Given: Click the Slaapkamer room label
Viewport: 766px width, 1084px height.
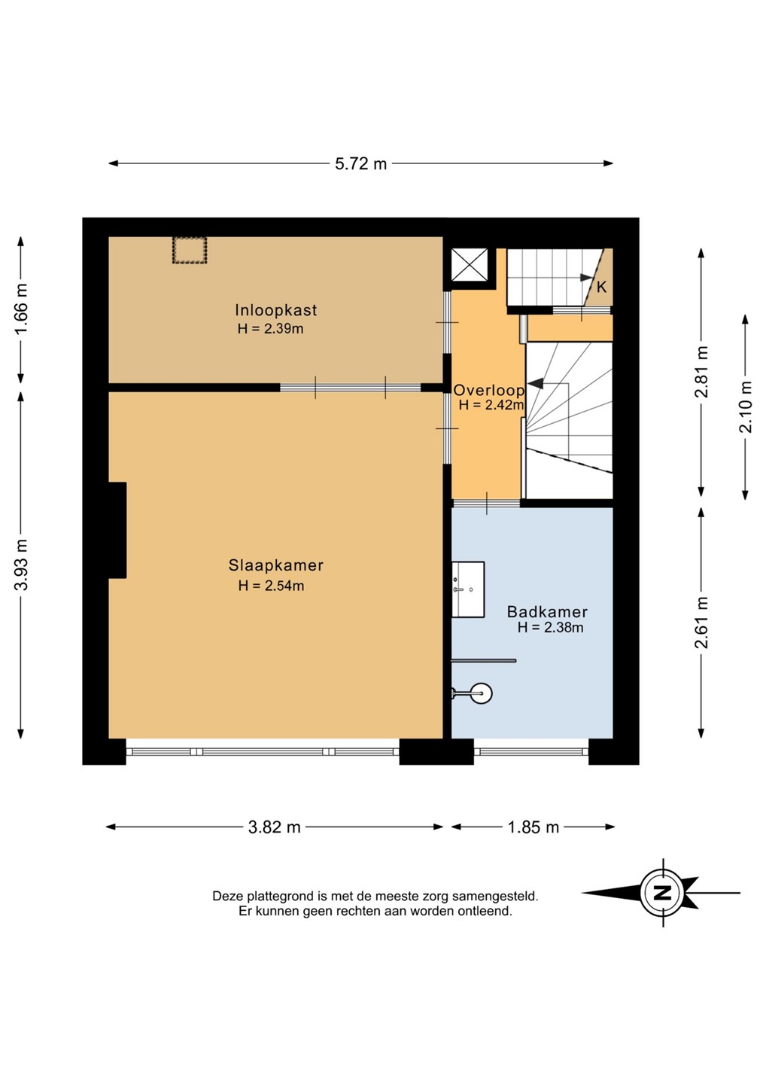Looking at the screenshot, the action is click(275, 565).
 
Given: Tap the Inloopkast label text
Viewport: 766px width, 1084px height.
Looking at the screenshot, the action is click(275, 309).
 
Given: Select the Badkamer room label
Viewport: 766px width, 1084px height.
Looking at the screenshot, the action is click(547, 612).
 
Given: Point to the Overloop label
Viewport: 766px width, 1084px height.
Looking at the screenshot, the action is click(488, 390).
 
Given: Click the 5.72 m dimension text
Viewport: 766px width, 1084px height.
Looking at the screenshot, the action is click(360, 164).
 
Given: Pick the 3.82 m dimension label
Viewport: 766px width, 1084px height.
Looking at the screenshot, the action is click(274, 827).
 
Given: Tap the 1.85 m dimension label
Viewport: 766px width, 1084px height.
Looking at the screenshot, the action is click(533, 827).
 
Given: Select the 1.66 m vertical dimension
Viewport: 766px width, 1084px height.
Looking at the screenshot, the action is click(21, 309).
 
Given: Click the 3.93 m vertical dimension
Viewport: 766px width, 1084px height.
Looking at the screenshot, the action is click(21, 565).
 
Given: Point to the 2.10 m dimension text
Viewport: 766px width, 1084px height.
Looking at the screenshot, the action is click(746, 407).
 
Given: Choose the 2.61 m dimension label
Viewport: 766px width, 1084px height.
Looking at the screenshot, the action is click(702, 623).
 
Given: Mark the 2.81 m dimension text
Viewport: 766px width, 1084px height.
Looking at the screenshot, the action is click(702, 372).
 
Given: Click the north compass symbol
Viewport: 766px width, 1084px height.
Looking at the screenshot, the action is click(661, 893).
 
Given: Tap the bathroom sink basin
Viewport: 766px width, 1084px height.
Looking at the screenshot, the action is click(468, 589).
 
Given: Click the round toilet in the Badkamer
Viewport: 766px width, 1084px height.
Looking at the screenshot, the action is click(482, 693).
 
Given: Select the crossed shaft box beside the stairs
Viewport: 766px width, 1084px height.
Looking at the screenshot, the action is click(469, 264).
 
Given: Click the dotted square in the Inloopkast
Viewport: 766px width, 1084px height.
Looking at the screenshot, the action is click(190, 250).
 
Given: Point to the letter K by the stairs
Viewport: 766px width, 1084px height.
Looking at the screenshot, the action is click(601, 287).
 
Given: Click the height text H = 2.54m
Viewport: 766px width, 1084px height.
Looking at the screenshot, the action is click(271, 586).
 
